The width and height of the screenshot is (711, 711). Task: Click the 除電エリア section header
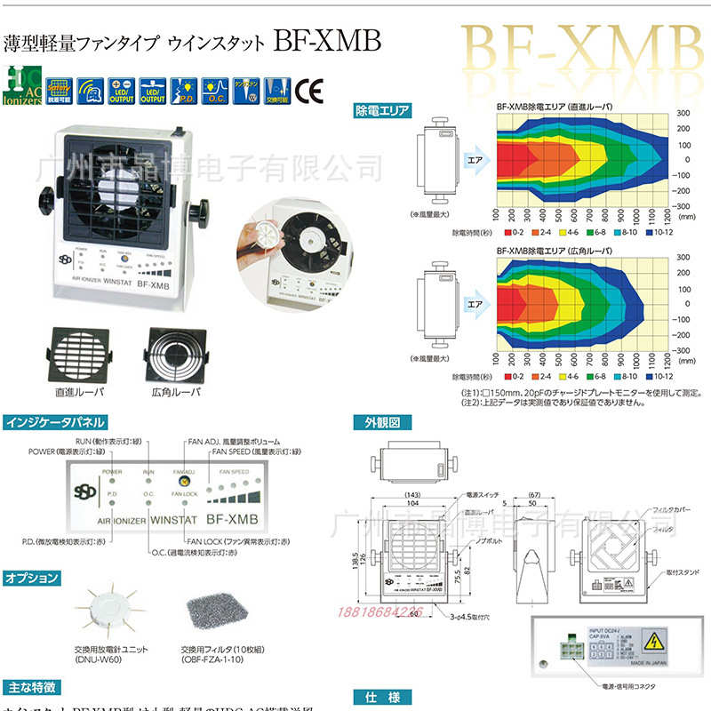coord(383,111)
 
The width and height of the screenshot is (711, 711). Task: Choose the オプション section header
coord(32,578)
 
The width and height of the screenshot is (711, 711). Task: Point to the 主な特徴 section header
coord(32,687)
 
